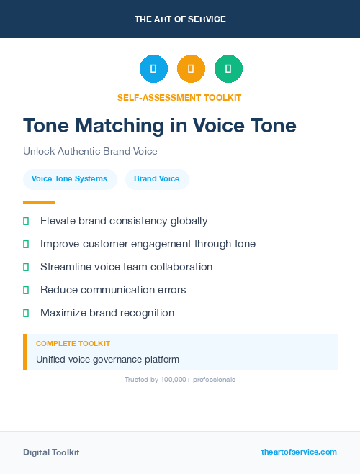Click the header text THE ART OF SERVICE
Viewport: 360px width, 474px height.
coord(180,19)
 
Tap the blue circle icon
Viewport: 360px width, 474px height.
coord(153,69)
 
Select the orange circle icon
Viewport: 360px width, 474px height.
coord(191,69)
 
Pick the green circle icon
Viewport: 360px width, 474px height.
coord(228,69)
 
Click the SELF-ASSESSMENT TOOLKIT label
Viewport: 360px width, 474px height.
coord(179,97)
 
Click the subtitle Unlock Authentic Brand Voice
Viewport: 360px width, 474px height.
coord(90,152)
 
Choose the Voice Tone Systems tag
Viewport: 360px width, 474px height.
coord(69,179)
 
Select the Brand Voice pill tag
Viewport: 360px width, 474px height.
coord(157,179)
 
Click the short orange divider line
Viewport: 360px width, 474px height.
coord(39,202)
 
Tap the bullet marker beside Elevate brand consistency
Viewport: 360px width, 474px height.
coord(26,221)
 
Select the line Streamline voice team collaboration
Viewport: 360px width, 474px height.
coord(126,267)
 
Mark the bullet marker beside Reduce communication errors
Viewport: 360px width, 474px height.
coord(26,290)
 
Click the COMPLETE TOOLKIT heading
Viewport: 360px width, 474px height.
coord(73,344)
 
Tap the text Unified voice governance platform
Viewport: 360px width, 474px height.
coord(107,359)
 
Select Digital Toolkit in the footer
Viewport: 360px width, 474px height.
coord(51,452)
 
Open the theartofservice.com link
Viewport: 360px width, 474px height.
coord(299,452)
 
